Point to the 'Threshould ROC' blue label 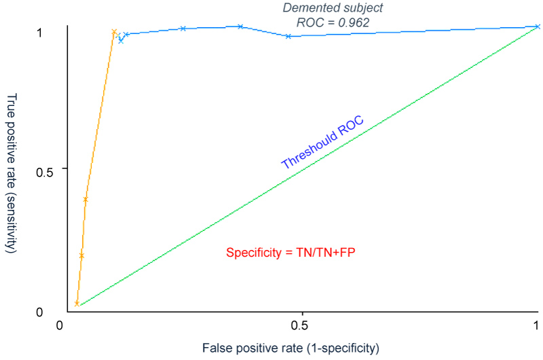pos(322,143)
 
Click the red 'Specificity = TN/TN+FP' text pos(291,253)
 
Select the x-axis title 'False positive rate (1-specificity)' pos(289,349)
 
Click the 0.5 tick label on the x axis pos(302,325)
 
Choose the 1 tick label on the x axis pos(537,325)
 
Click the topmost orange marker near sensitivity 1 pos(114,32)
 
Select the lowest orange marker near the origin pos(77,303)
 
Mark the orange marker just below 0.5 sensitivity pos(86,199)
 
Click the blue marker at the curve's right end pos(537,26)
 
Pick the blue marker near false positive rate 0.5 pos(288,36)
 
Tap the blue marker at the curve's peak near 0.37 pos(240,26)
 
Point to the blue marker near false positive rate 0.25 pos(183,29)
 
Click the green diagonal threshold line pos(305,169)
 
